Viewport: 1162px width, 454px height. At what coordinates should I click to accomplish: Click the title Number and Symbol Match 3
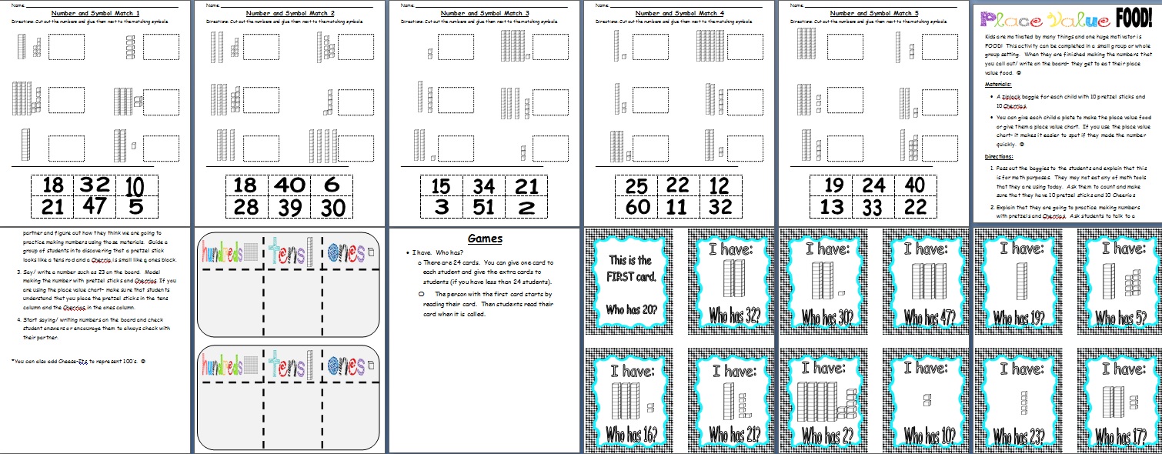(x=485, y=14)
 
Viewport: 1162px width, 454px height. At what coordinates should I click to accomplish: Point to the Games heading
(x=486, y=239)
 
